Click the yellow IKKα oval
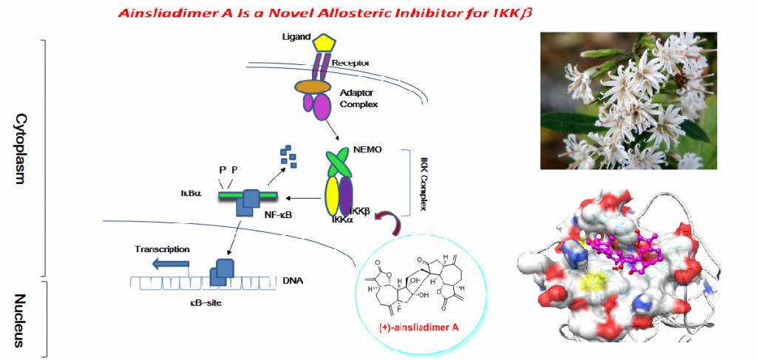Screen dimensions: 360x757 point(333,197)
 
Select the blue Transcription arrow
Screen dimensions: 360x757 point(169,262)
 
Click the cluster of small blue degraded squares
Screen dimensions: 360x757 point(288,156)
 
